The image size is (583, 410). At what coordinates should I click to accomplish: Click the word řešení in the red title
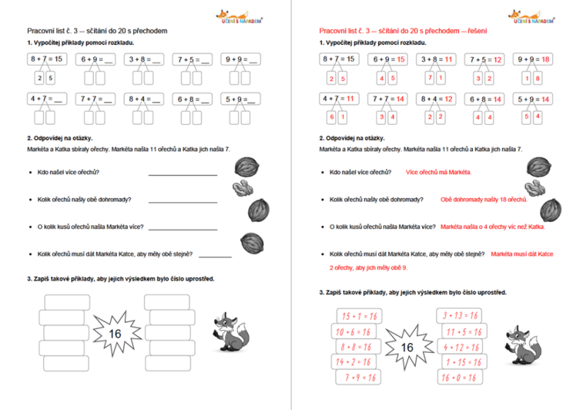[x=475, y=32]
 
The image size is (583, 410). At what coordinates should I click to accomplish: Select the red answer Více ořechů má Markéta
[x=438, y=171]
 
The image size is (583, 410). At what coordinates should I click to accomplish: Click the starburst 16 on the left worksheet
[x=114, y=333]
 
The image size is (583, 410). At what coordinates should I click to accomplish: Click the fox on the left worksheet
[x=231, y=331]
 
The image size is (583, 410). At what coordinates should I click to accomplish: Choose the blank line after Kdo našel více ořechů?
[x=182, y=173]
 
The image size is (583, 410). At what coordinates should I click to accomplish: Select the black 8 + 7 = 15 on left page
[x=46, y=60]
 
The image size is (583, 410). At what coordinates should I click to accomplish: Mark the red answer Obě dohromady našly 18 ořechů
[x=483, y=199]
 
